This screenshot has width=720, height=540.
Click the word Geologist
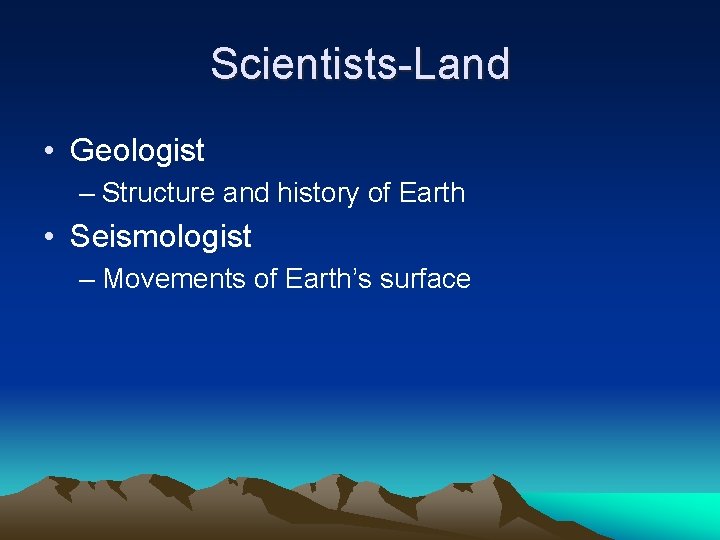[137, 151]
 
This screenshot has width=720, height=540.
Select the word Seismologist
[160, 237]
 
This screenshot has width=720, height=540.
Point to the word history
[318, 193]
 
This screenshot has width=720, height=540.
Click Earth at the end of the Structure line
[432, 193]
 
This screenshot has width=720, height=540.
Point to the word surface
[427, 279]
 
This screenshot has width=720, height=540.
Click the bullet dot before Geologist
[48, 152]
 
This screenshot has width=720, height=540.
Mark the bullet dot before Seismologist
[48, 238]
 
